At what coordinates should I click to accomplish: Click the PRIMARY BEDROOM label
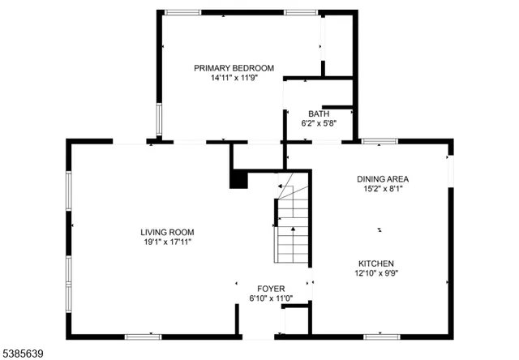point(234,68)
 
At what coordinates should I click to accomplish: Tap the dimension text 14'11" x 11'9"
point(234,79)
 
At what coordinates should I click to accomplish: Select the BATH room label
point(318,114)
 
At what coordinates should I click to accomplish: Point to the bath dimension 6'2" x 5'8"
point(318,124)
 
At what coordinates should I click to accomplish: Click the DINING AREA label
point(383,178)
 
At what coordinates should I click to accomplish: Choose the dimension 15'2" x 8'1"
point(383,189)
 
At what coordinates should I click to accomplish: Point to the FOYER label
point(271,289)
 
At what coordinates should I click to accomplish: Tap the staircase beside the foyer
point(293,223)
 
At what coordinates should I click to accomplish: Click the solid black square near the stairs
point(238,179)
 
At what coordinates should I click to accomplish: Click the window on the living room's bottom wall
point(143,336)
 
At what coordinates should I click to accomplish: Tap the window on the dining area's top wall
point(378,141)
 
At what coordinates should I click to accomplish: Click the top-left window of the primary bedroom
point(183,12)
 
